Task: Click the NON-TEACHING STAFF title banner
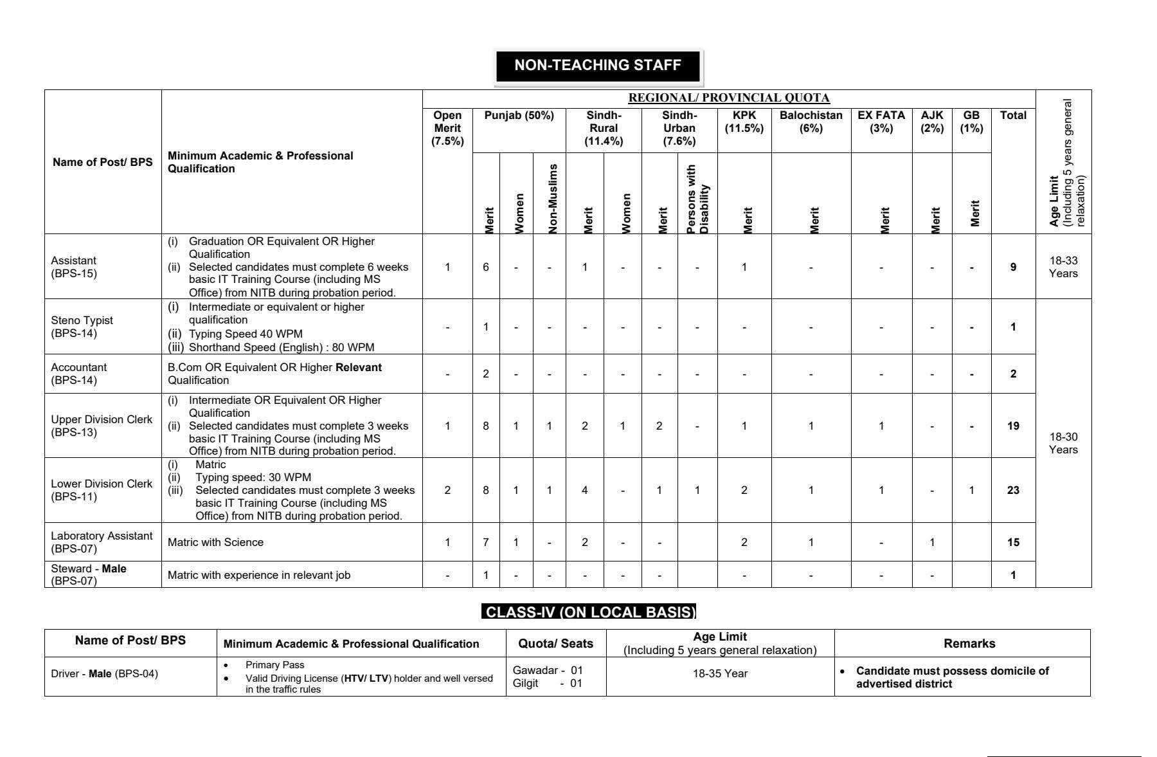pyautogui.click(x=598, y=66)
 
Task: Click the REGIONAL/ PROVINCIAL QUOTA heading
pyautogui.click(x=728, y=98)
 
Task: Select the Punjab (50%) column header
pyautogui.click(x=519, y=116)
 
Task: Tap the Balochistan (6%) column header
pyautogui.click(x=811, y=122)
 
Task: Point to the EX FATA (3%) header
pyautogui.click(x=881, y=122)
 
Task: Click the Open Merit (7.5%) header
pyautogui.click(x=447, y=128)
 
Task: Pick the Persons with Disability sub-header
pyautogui.click(x=697, y=199)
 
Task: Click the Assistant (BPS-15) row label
pyautogui.click(x=73, y=267)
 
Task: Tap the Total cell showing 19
pyautogui.click(x=1013, y=426)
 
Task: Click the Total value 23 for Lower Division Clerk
pyautogui.click(x=1013, y=490)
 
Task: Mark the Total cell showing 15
pyautogui.click(x=1013, y=542)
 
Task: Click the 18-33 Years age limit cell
pyautogui.click(x=1063, y=267)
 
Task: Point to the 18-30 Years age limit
pyautogui.click(x=1063, y=443)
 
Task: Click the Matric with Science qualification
pyautogui.click(x=215, y=542)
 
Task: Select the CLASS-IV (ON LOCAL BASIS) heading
pyautogui.click(x=589, y=612)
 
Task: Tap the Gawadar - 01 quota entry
pyautogui.click(x=548, y=670)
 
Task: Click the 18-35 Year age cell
pyautogui.click(x=720, y=673)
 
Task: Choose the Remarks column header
pyautogui.click(x=969, y=643)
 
